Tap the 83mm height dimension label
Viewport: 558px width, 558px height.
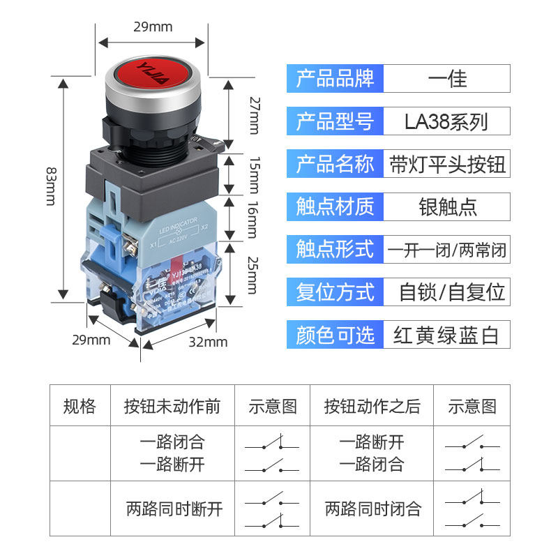click(x=51, y=186)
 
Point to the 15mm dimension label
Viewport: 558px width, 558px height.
click(x=254, y=174)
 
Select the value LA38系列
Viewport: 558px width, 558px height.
click(x=446, y=121)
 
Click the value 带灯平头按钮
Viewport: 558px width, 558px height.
click(x=446, y=165)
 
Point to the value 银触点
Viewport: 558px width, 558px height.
click(x=446, y=207)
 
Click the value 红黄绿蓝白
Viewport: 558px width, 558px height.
click(x=446, y=335)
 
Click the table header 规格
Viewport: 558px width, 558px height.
click(x=80, y=406)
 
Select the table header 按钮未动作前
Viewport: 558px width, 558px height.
click(x=172, y=406)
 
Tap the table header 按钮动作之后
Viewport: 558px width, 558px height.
click(x=372, y=406)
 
